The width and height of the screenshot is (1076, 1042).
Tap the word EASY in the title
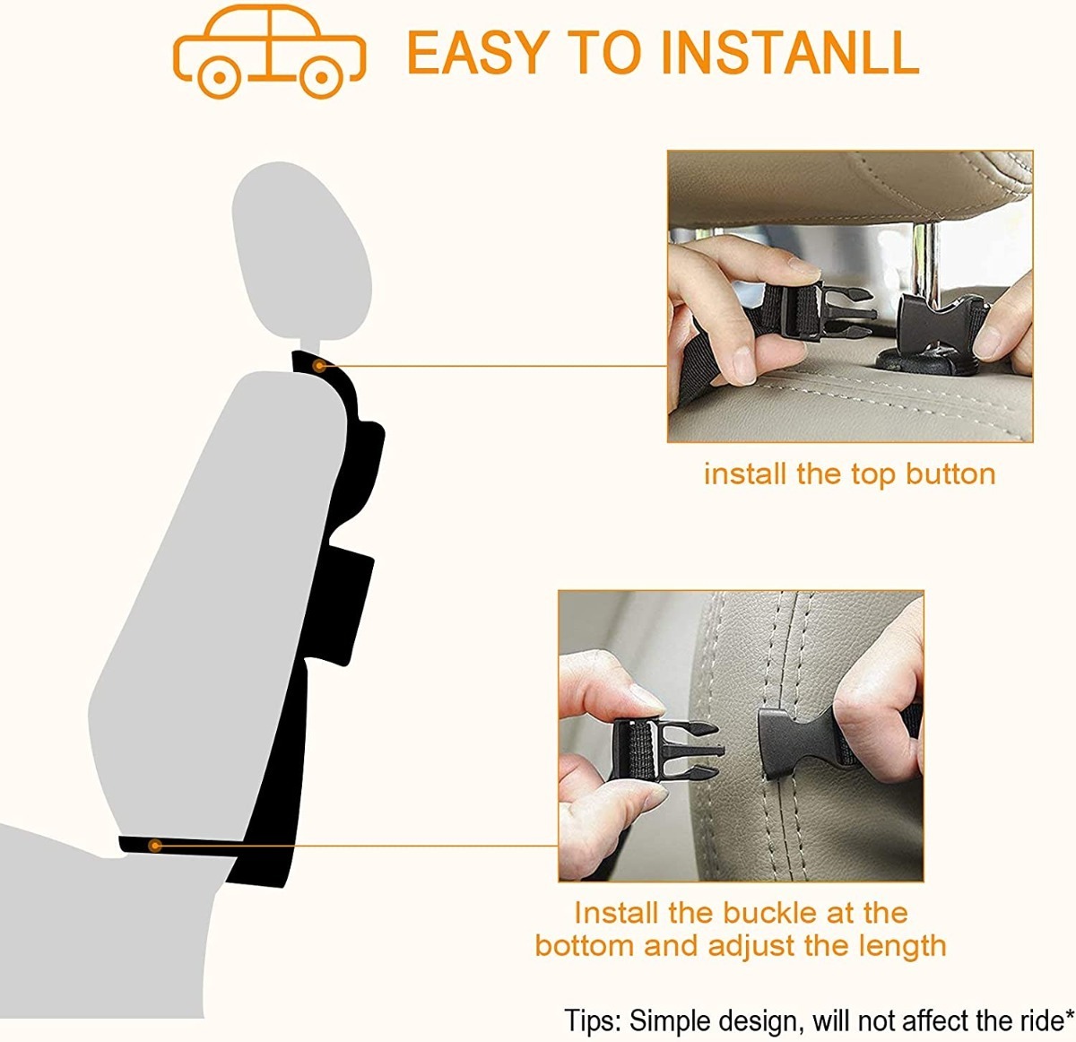pyautogui.click(x=478, y=52)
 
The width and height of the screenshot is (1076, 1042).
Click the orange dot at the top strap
pyautogui.click(x=319, y=366)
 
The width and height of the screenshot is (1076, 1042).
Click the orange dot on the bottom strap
pyautogui.click(x=155, y=845)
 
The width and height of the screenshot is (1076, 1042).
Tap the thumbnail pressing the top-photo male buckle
pyautogui.click(x=803, y=267)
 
